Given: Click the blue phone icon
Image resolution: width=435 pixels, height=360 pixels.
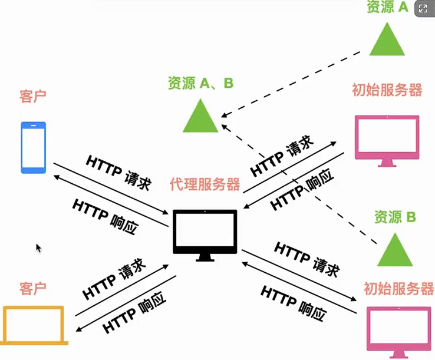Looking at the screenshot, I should point(33,147).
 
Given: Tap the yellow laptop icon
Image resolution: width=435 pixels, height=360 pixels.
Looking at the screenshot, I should point(34,325).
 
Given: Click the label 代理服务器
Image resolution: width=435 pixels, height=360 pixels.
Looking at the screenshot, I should point(205,184).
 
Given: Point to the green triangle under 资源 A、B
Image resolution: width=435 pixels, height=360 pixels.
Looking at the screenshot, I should point(201,117).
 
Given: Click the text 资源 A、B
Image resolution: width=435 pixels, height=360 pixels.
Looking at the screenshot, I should point(200,83).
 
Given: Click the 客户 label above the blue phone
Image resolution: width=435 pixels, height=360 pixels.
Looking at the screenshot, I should point(33,97).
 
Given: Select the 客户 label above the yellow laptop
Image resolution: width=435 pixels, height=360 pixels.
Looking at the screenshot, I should point(33,289).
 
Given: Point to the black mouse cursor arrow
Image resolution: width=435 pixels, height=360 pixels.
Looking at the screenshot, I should point(38,248).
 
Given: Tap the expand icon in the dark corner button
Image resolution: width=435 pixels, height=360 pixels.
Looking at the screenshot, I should point(423,9).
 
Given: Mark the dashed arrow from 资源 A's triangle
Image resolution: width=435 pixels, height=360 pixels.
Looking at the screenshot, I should point(295,85).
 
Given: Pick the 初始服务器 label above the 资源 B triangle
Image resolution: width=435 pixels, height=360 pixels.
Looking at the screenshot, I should point(387,90).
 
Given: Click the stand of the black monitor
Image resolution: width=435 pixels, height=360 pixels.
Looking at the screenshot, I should point(205,256).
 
